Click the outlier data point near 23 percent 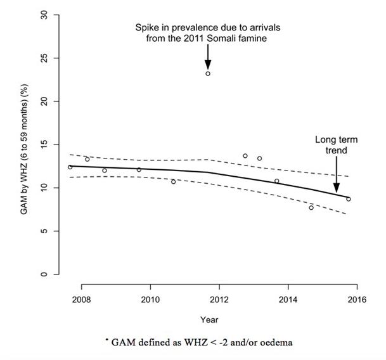(208, 74)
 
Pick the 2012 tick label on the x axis (219, 299)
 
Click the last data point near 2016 (348, 199)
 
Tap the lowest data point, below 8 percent (311, 208)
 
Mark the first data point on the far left (70, 167)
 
